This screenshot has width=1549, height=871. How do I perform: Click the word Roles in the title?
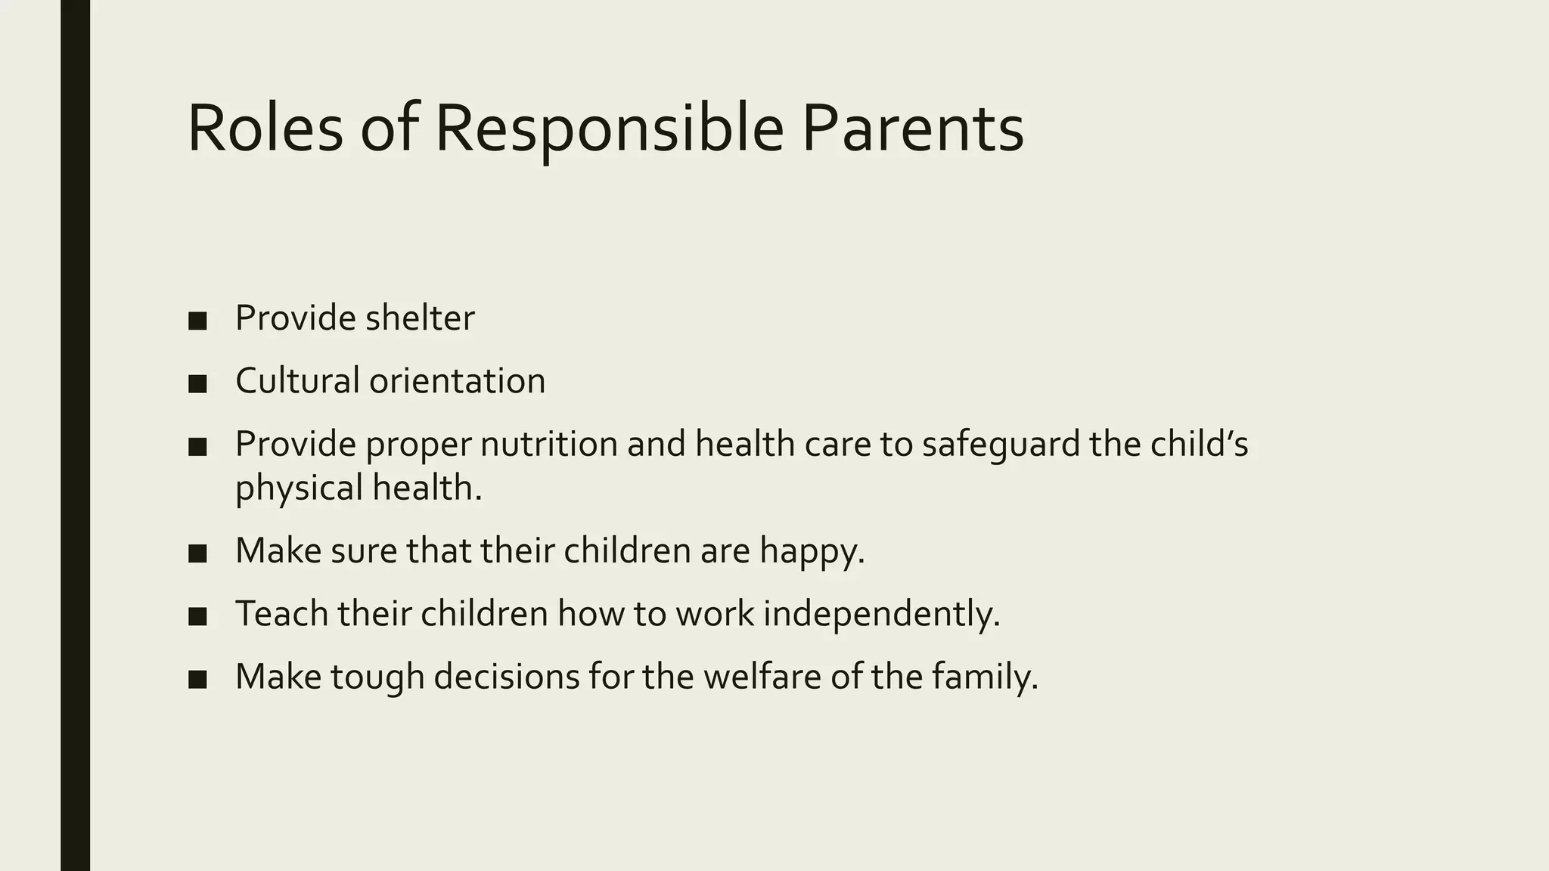(265, 129)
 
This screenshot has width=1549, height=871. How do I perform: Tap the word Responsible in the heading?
(609, 129)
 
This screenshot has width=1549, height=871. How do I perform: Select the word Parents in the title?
(912, 129)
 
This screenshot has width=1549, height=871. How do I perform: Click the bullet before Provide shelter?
(197, 321)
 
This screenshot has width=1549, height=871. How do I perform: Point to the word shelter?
(420, 318)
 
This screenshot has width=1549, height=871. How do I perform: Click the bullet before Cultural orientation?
(197, 384)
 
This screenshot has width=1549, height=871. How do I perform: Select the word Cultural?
(297, 380)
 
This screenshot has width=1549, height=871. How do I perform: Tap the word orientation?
(457, 380)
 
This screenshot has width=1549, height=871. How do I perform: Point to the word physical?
(300, 488)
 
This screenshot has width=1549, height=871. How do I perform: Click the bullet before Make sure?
(197, 554)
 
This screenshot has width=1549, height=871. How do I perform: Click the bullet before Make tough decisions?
(197, 680)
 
